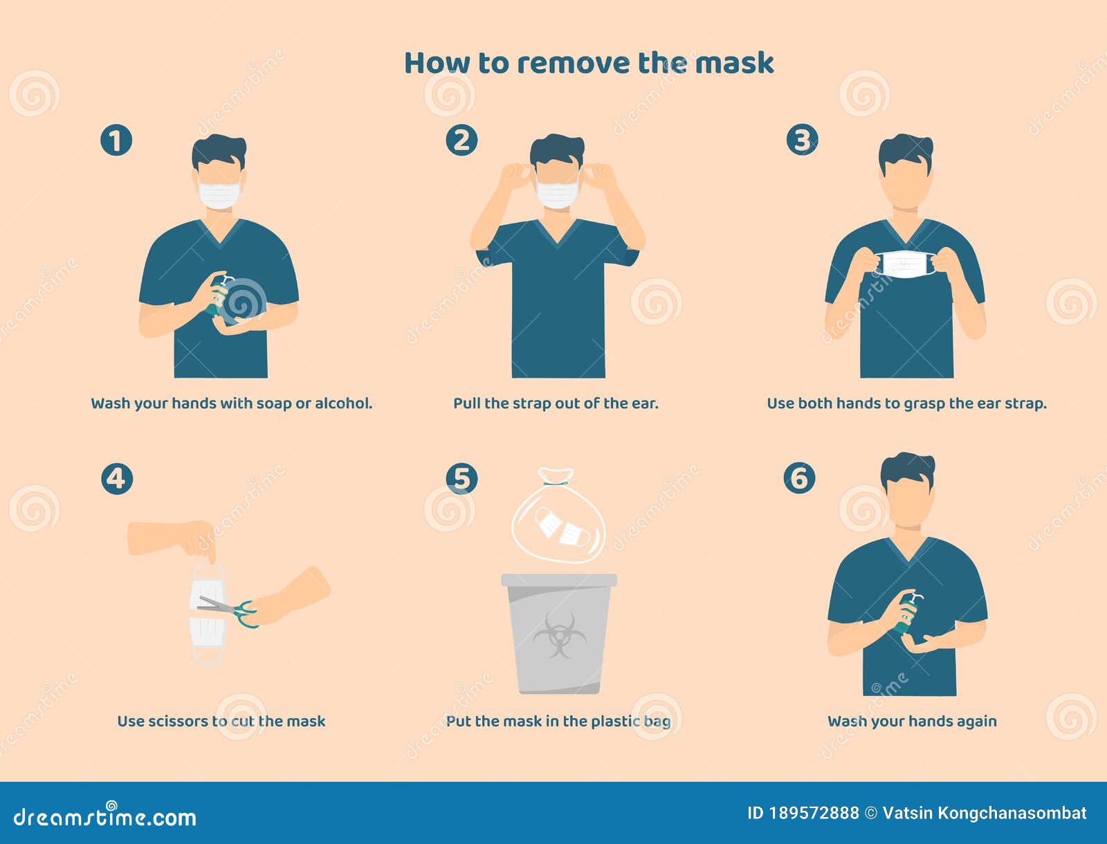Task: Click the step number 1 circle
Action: point(116,140)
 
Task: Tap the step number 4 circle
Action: point(116,479)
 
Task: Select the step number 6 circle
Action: point(799,478)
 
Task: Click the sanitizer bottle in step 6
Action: point(907,613)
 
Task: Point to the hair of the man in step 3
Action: point(906,151)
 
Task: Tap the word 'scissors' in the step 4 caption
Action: point(176,721)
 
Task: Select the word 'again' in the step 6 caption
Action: point(976,721)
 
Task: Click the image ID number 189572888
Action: point(814,814)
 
